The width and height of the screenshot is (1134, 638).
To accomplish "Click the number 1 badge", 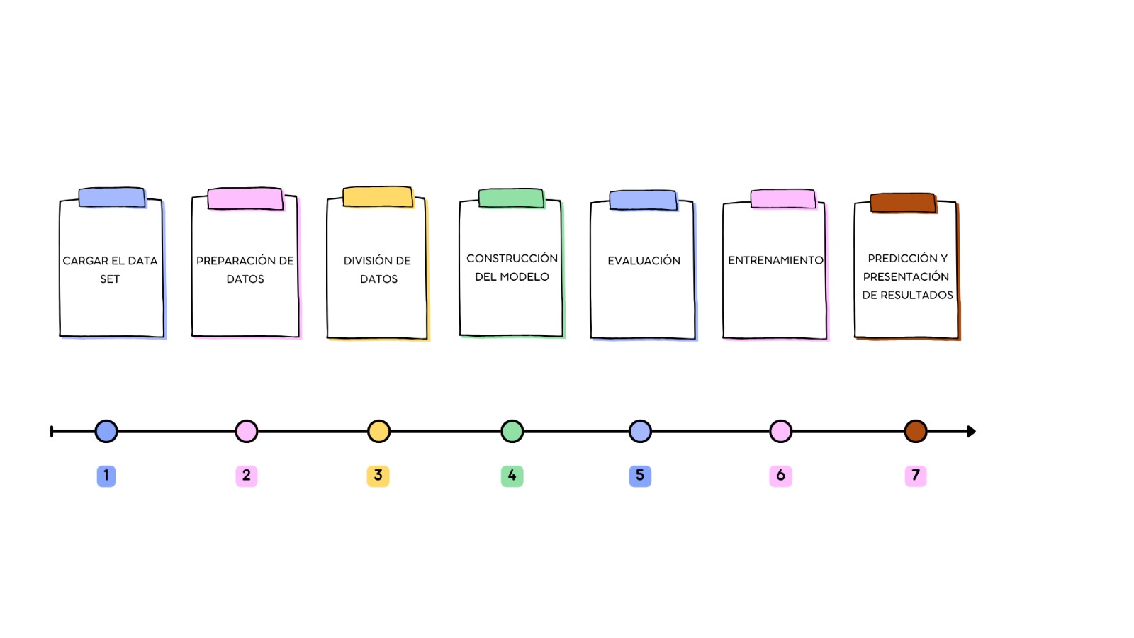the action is coord(106,476).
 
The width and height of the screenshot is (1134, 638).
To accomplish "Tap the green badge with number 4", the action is coord(512,476).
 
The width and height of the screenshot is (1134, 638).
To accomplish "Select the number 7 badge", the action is coord(915,476).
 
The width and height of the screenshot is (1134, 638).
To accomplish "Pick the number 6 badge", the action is coord(780,476).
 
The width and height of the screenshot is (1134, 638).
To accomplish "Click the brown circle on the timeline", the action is coord(915,432).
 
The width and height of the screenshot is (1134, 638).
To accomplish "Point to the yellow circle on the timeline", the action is coord(378,432).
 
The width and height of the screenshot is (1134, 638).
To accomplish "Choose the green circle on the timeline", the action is coord(512,432).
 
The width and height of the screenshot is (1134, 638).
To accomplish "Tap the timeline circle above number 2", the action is coord(247,432).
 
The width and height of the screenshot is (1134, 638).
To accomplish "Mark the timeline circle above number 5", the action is coord(640,432).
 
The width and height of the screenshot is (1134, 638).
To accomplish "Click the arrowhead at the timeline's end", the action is coord(971,432).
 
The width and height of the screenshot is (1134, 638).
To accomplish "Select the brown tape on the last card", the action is coord(903,203).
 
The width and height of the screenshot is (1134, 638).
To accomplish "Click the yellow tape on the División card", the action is coord(378,196).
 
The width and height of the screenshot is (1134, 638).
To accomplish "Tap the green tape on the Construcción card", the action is coord(511,198).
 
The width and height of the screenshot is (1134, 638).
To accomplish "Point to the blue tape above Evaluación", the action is coord(643,200).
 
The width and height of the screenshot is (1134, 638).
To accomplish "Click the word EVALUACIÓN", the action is coord(644,261).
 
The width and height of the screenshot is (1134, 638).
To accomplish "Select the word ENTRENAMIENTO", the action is coord(775,260).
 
